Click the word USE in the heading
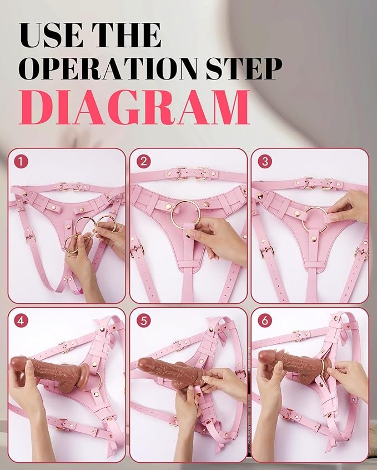(x=51, y=35)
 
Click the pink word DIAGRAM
(x=134, y=107)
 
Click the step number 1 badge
(x=21, y=162)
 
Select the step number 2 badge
(x=144, y=162)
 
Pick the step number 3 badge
(x=265, y=162)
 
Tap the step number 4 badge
(x=21, y=321)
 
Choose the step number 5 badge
(x=144, y=321)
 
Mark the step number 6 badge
(x=265, y=321)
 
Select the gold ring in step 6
(x=324, y=369)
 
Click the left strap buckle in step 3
(x=267, y=251)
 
